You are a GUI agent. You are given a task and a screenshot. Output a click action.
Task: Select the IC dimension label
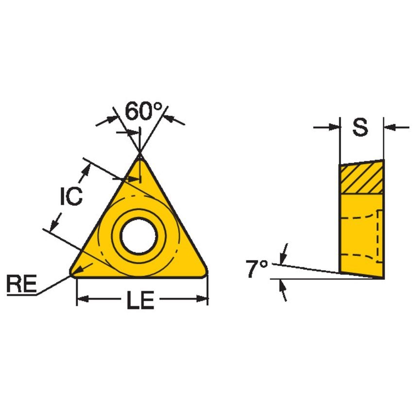(x=71, y=197)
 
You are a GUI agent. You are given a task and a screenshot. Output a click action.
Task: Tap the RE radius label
(x=21, y=284)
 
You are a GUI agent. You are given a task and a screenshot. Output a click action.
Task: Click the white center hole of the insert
(x=138, y=237)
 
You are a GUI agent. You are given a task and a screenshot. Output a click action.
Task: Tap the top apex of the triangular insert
(x=140, y=155)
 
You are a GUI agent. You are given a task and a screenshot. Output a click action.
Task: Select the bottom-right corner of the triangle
(x=206, y=274)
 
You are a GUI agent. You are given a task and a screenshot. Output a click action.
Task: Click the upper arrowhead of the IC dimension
(x=87, y=168)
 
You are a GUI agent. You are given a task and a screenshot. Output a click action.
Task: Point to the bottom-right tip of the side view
(x=382, y=277)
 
